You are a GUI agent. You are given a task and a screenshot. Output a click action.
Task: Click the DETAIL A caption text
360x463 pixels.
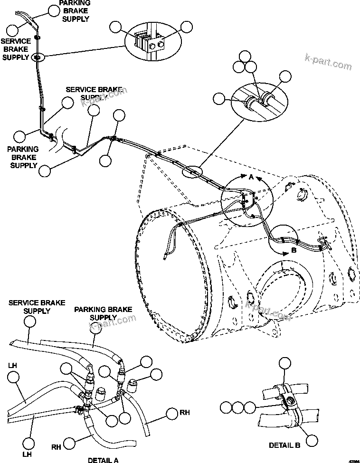pyautogui.click(x=103, y=460)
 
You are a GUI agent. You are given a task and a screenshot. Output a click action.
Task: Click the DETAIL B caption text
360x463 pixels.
pyautogui.click(x=284, y=445)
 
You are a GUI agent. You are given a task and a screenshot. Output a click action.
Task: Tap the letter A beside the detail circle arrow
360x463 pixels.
pyautogui.click(x=251, y=177)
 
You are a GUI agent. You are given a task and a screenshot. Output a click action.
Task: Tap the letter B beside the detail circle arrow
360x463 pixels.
pyautogui.click(x=293, y=250)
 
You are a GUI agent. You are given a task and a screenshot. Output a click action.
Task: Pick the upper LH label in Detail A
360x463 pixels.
pyautogui.click(x=12, y=366)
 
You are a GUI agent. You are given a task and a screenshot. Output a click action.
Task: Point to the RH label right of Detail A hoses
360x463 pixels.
pyautogui.click(x=184, y=413)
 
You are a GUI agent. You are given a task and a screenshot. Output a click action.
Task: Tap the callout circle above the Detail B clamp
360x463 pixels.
pyautogui.click(x=284, y=364)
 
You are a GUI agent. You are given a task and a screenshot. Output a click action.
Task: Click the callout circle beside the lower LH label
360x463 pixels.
pyautogui.click(x=28, y=443)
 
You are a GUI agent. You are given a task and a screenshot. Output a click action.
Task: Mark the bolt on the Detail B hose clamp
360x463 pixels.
pyautogui.click(x=287, y=404)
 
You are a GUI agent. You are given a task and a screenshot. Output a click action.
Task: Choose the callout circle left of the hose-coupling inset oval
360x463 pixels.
pyautogui.click(x=219, y=98)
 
